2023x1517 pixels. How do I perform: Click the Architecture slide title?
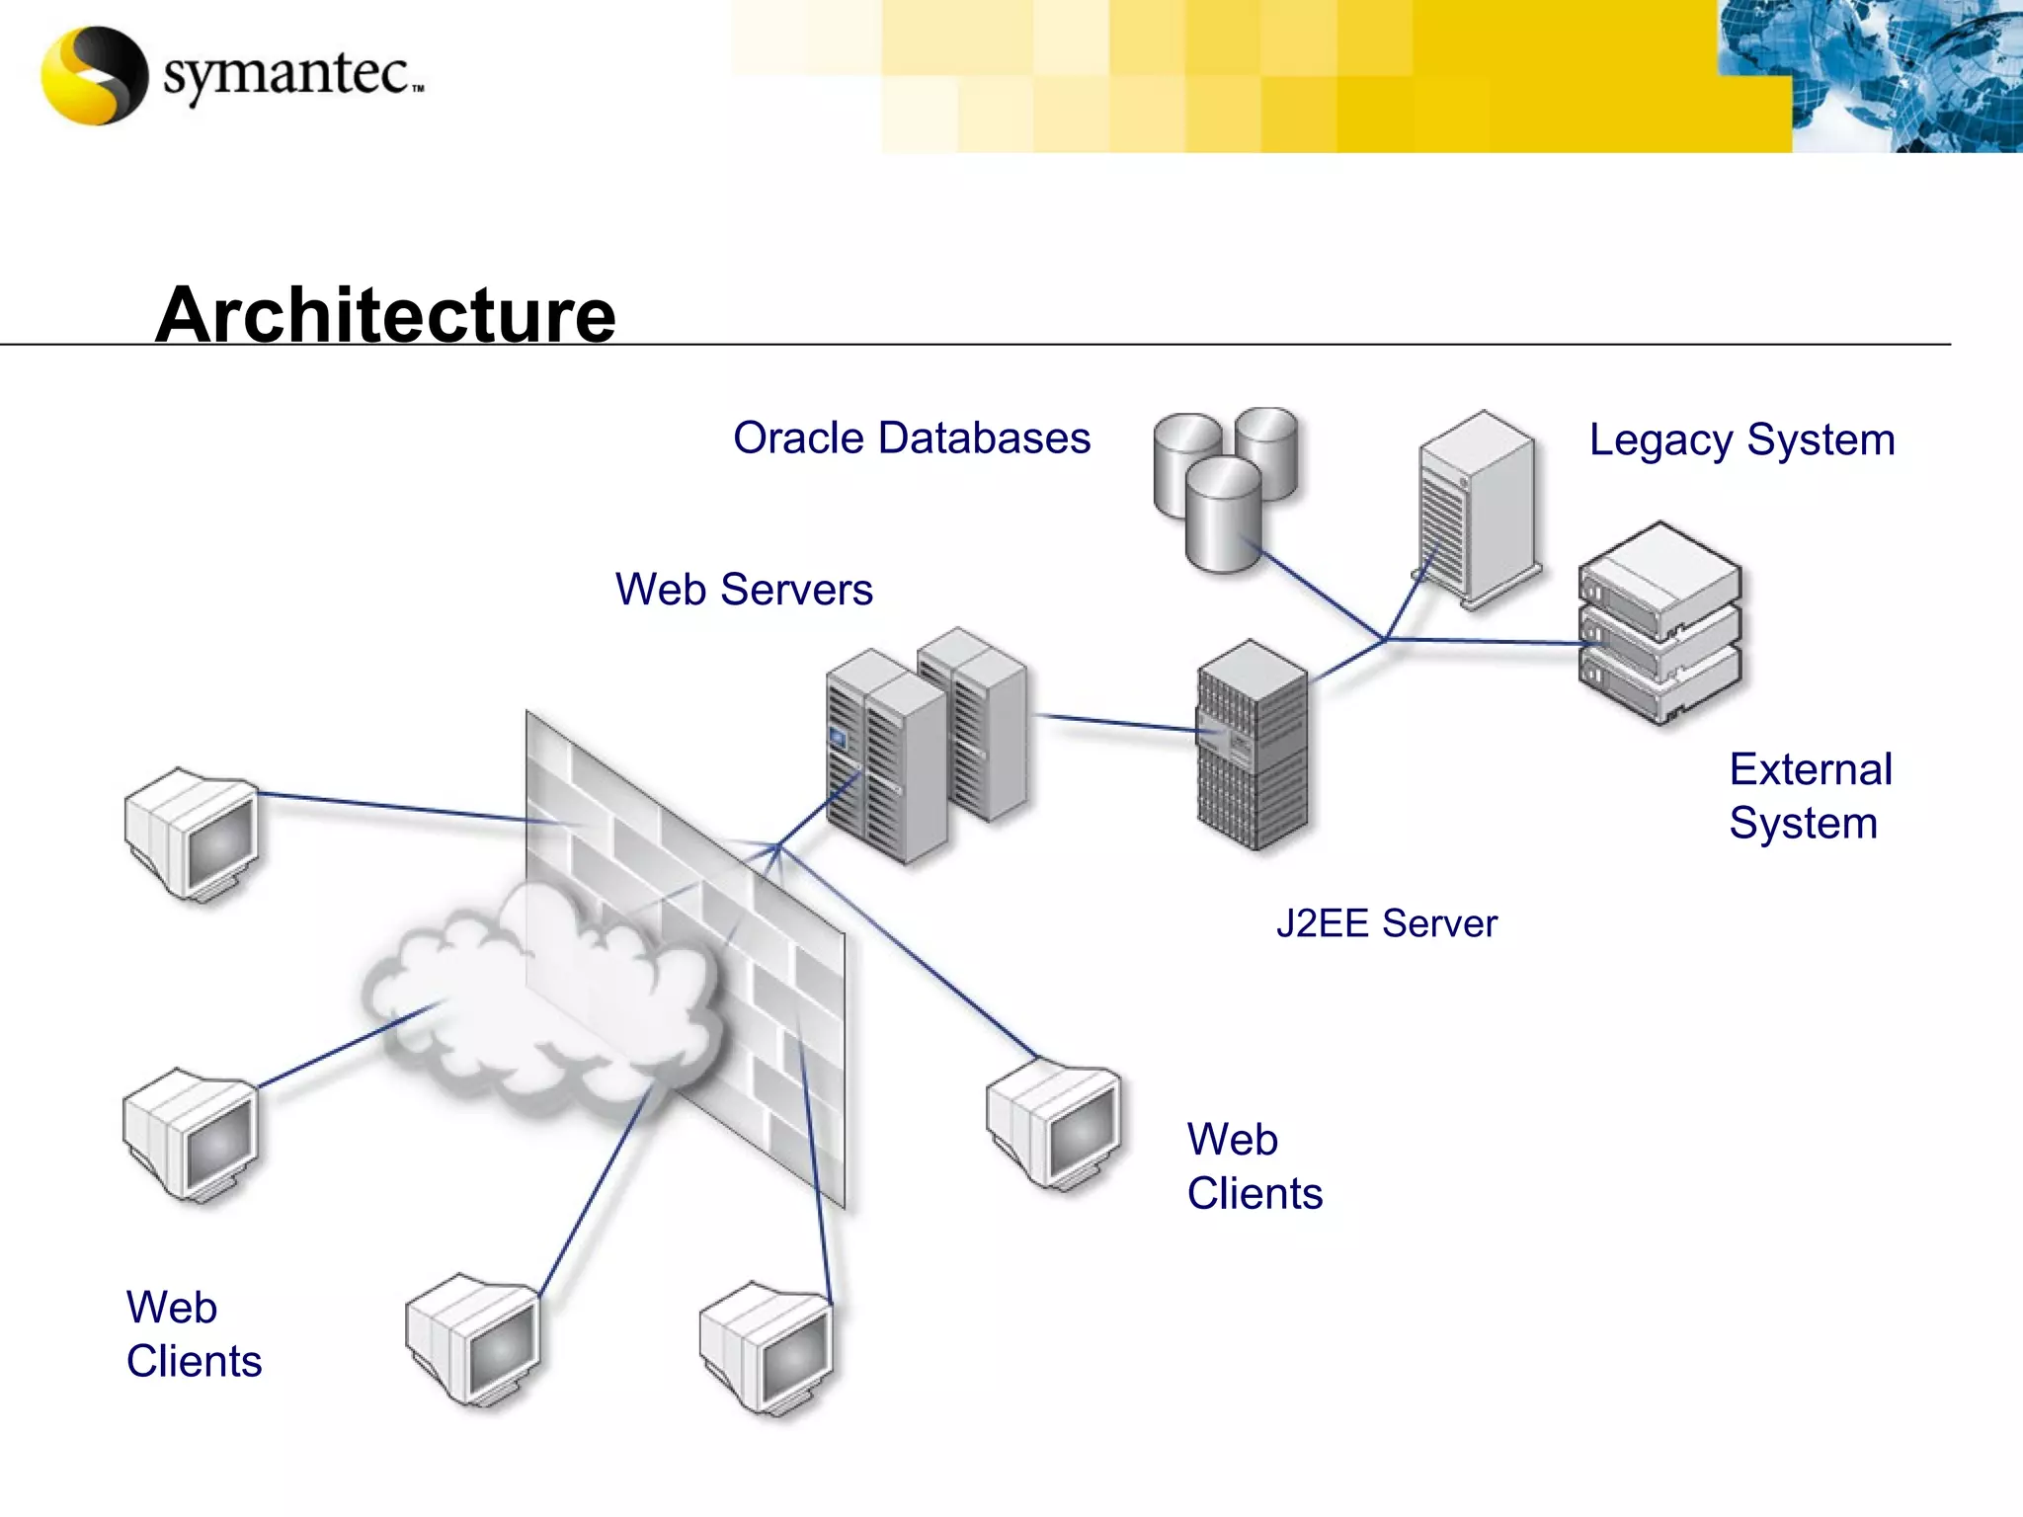[385, 314]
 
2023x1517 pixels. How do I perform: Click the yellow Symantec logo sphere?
[94, 75]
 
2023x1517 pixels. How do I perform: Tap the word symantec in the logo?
[286, 75]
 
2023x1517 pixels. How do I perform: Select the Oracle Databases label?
[911, 438]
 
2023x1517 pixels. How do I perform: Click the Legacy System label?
[1741, 439]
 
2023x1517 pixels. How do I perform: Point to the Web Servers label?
[743, 590]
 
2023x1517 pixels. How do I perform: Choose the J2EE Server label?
[1386, 923]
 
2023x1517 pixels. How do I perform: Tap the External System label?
[1810, 796]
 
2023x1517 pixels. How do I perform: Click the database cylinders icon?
[1225, 488]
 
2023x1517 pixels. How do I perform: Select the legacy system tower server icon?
[1477, 509]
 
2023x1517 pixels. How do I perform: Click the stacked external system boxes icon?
[1659, 622]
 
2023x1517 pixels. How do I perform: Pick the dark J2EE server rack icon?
[1253, 746]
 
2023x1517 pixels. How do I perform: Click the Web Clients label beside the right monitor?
[1254, 1166]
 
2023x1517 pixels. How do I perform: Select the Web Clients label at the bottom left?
[194, 1334]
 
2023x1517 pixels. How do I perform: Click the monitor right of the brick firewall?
[1055, 1126]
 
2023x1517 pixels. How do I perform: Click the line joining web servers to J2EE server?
[1116, 723]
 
